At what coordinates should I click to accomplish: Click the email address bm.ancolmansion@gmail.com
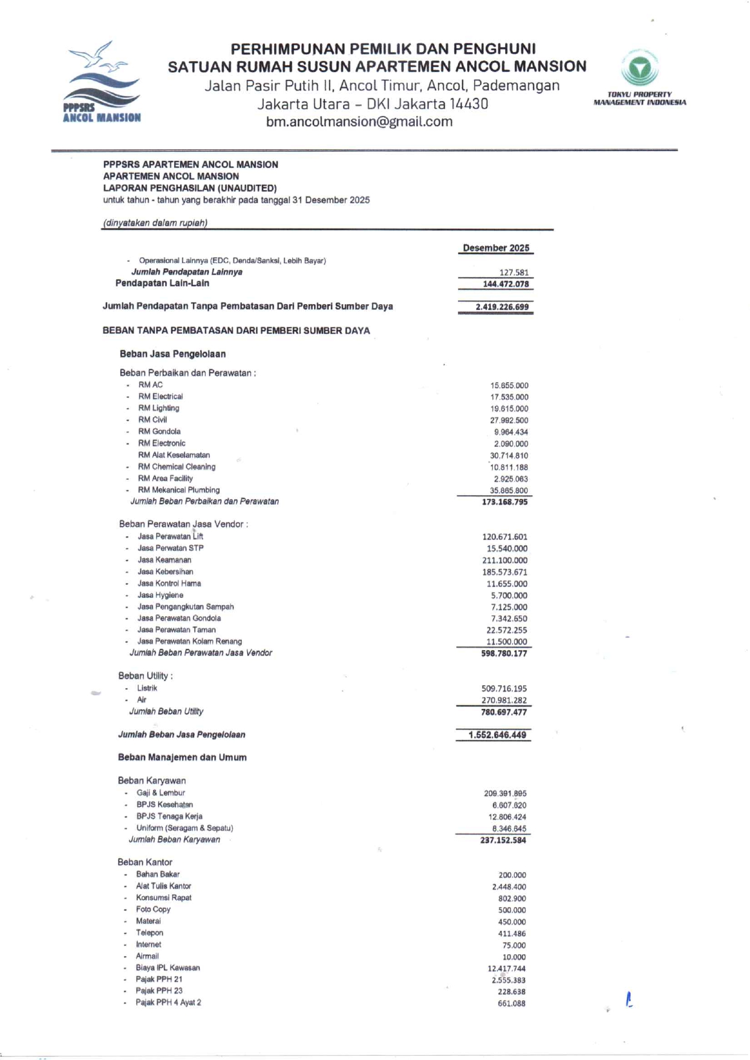[x=359, y=122]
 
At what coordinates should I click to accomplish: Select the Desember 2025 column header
[x=495, y=248]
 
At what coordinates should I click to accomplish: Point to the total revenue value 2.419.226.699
[x=501, y=307]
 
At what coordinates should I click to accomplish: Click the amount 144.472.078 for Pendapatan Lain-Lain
[x=505, y=284]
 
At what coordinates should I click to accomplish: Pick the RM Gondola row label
[x=159, y=432]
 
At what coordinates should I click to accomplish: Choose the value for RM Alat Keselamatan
[x=509, y=456]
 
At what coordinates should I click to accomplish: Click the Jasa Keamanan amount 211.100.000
[x=504, y=561]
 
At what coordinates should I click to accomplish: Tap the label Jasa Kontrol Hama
[x=169, y=584]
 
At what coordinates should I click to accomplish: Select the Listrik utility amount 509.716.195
[x=504, y=689]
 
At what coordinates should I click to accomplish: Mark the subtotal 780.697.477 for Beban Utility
[x=503, y=712]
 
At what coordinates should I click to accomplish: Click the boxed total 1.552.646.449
[x=497, y=735]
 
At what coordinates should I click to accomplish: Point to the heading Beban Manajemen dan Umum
[x=182, y=758]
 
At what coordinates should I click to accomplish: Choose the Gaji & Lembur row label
[x=160, y=793]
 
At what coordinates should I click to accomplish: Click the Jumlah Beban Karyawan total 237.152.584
[x=503, y=841]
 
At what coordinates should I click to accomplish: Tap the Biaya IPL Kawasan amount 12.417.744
[x=506, y=969]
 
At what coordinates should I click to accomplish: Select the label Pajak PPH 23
[x=159, y=991]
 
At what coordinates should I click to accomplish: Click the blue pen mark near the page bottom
[x=629, y=1000]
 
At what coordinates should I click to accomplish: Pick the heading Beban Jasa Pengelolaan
[x=172, y=354]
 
